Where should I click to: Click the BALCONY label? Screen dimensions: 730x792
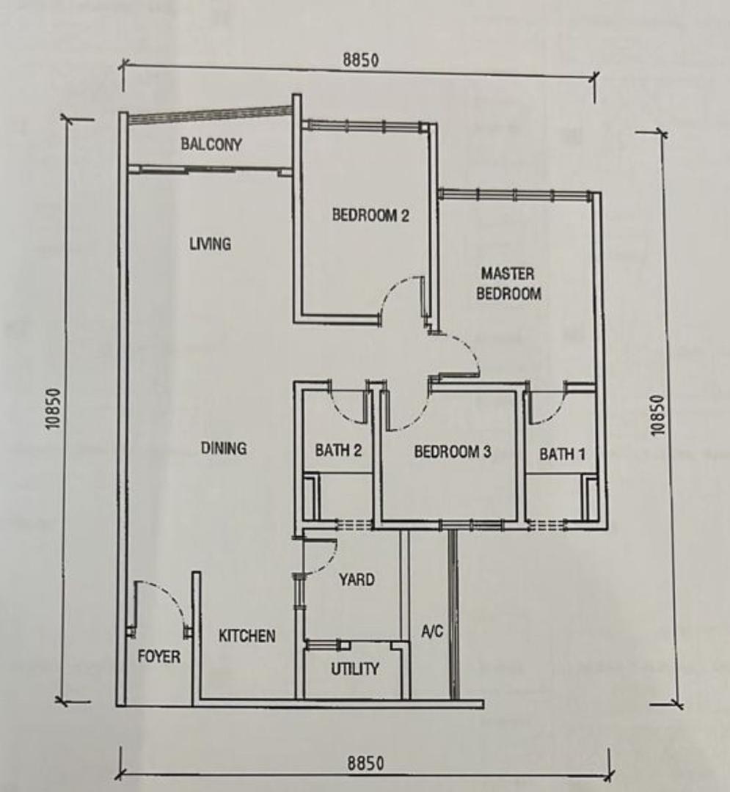point(211,144)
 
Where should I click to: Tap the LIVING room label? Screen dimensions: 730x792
point(210,244)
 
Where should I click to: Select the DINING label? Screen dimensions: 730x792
point(224,448)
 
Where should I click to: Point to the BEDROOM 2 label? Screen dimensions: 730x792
point(371,215)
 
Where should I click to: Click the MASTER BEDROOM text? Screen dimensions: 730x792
point(508,284)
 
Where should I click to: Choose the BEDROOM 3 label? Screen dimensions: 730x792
point(452,452)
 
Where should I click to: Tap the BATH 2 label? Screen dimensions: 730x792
point(338,450)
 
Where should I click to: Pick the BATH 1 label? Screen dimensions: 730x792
point(562,454)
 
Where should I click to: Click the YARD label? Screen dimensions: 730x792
point(357,579)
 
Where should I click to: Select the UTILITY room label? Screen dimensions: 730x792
point(354,669)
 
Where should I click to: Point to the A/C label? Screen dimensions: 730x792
point(432,631)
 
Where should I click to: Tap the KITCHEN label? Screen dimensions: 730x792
point(247,636)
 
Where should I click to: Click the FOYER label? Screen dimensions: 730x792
point(158,656)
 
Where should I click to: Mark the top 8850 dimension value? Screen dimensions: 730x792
point(361,60)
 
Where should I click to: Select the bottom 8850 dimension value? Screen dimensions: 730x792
point(365,763)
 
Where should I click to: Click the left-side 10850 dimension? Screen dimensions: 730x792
point(54,408)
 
